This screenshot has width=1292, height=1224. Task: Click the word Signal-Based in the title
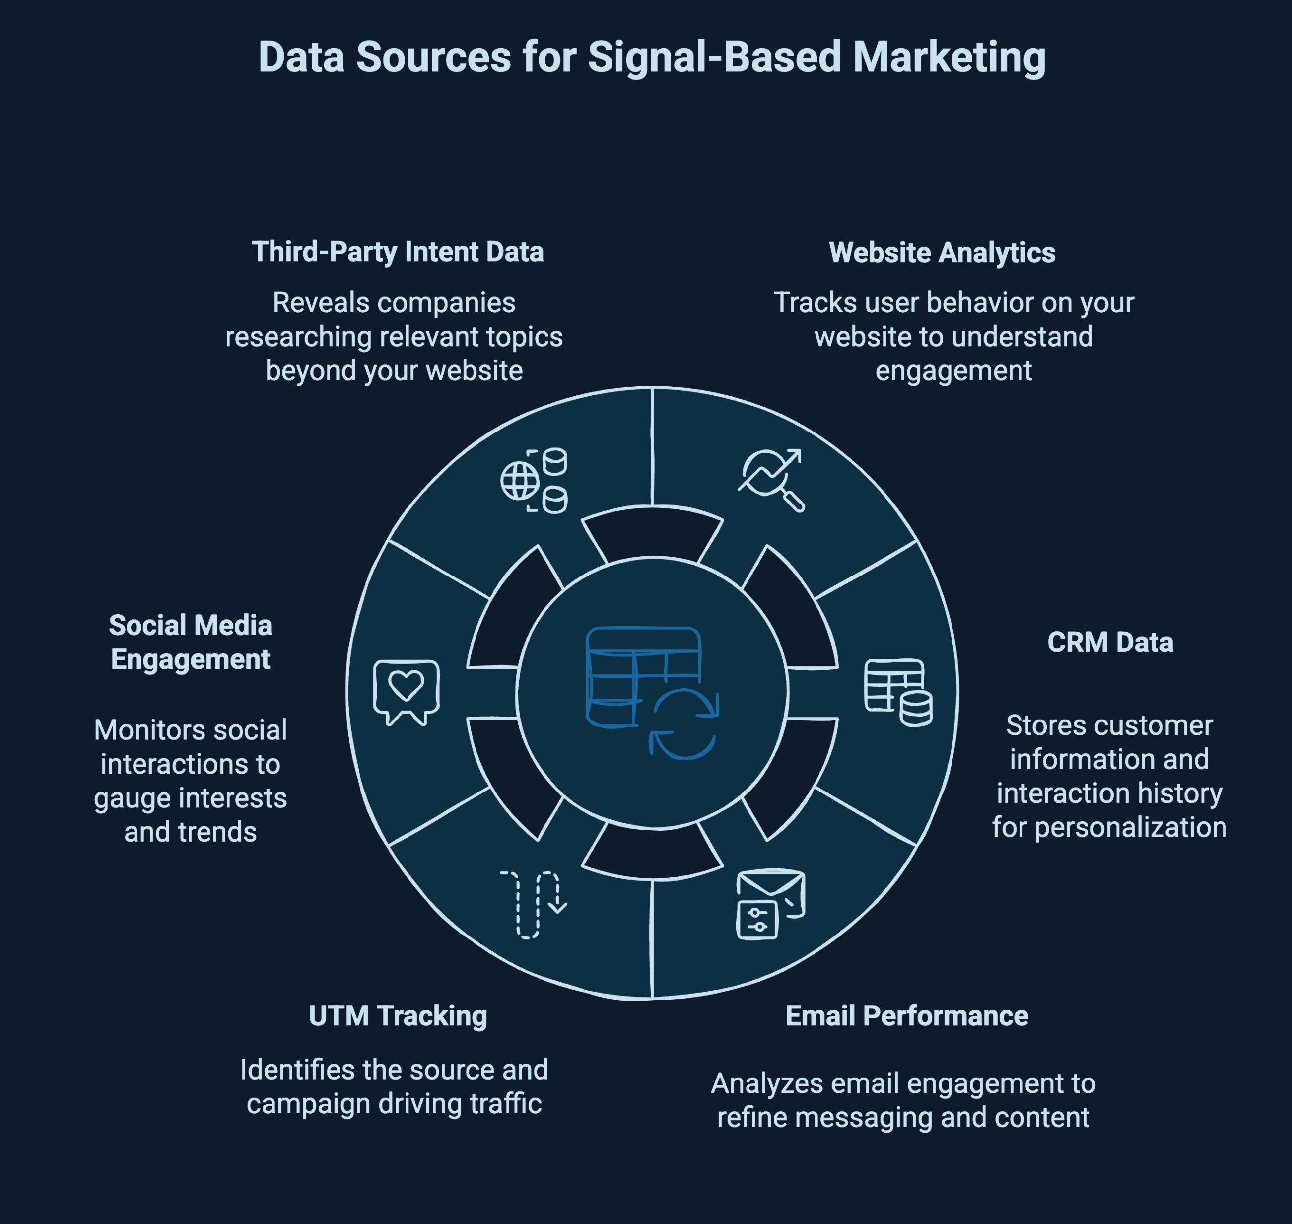click(715, 58)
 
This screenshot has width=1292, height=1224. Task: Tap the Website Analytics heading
click(942, 253)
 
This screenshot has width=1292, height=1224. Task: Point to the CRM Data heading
click(1110, 643)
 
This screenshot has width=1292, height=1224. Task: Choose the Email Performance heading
click(906, 1016)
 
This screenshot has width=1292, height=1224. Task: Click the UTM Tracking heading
click(398, 1016)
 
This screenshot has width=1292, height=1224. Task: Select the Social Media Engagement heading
click(191, 643)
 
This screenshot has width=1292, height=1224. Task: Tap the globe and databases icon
click(534, 481)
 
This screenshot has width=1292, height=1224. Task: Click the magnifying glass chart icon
click(771, 480)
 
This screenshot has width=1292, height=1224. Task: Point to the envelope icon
click(770, 904)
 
